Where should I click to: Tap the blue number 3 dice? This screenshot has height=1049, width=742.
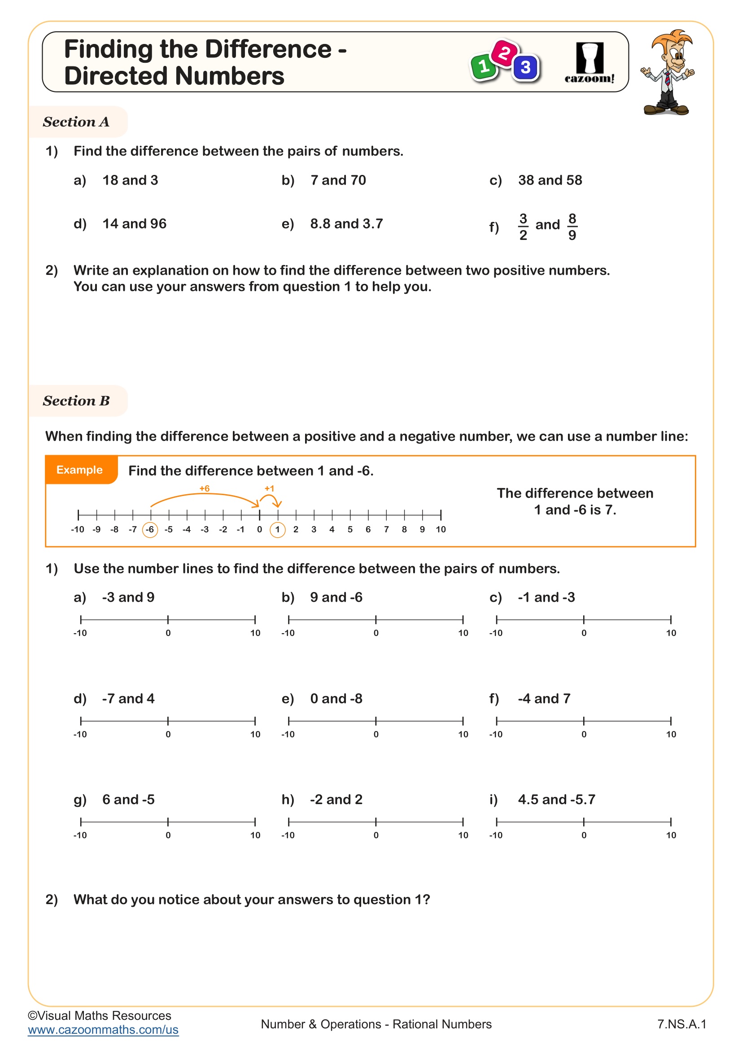[525, 68]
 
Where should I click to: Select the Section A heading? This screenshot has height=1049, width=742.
[76, 122]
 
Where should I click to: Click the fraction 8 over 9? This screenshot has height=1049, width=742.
[572, 226]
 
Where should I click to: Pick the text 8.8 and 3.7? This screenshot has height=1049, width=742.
[346, 224]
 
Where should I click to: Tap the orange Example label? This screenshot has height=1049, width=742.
[79, 470]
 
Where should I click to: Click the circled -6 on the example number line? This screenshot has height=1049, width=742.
[150, 530]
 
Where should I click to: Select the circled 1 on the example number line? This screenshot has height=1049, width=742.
[277, 530]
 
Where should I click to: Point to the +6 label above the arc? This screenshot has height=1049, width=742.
[204, 488]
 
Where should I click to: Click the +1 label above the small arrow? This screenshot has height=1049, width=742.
[269, 488]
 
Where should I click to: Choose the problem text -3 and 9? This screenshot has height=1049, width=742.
[128, 597]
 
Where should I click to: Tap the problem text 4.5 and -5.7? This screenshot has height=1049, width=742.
[556, 799]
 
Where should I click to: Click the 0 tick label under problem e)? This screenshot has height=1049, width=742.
[375, 734]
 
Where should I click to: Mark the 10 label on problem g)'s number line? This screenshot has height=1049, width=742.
[255, 835]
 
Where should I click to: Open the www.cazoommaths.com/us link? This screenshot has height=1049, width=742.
[103, 1029]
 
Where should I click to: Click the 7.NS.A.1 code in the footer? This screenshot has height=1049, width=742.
[681, 1024]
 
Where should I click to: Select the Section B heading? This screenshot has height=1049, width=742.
[76, 400]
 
